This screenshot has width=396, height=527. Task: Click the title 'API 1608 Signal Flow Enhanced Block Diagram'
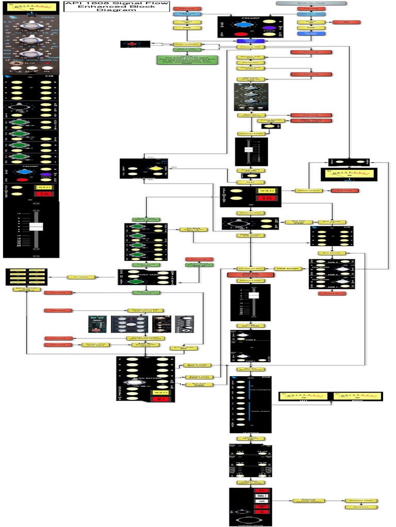point(116,6)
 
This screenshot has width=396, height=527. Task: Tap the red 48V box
point(346,22)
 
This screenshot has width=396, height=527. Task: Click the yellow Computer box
point(251,62)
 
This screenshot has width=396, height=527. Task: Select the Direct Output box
point(309,190)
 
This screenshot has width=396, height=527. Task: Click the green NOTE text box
point(187,60)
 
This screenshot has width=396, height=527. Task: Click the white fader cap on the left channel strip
point(36,226)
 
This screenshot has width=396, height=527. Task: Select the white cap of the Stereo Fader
point(253,295)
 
